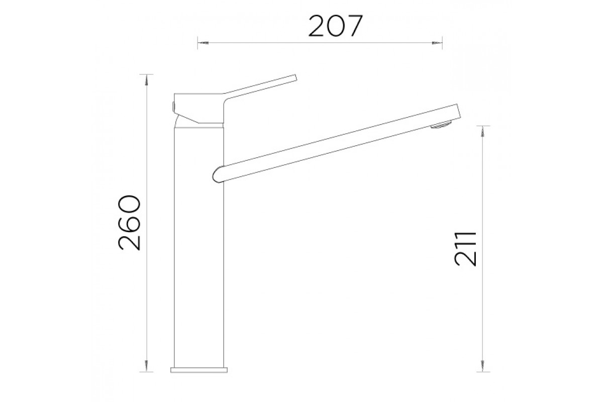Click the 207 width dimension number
[x=336, y=26]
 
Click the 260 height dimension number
[x=129, y=223]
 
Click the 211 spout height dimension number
[x=465, y=249]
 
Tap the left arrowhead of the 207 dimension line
[x=203, y=43]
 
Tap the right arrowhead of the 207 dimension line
[x=437, y=43]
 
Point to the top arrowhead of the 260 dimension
[x=146, y=80]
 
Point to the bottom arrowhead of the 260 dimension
[x=146, y=366]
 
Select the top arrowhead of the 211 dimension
[x=483, y=131]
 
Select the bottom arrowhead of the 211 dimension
[x=483, y=366]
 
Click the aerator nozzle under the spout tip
[x=442, y=126]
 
